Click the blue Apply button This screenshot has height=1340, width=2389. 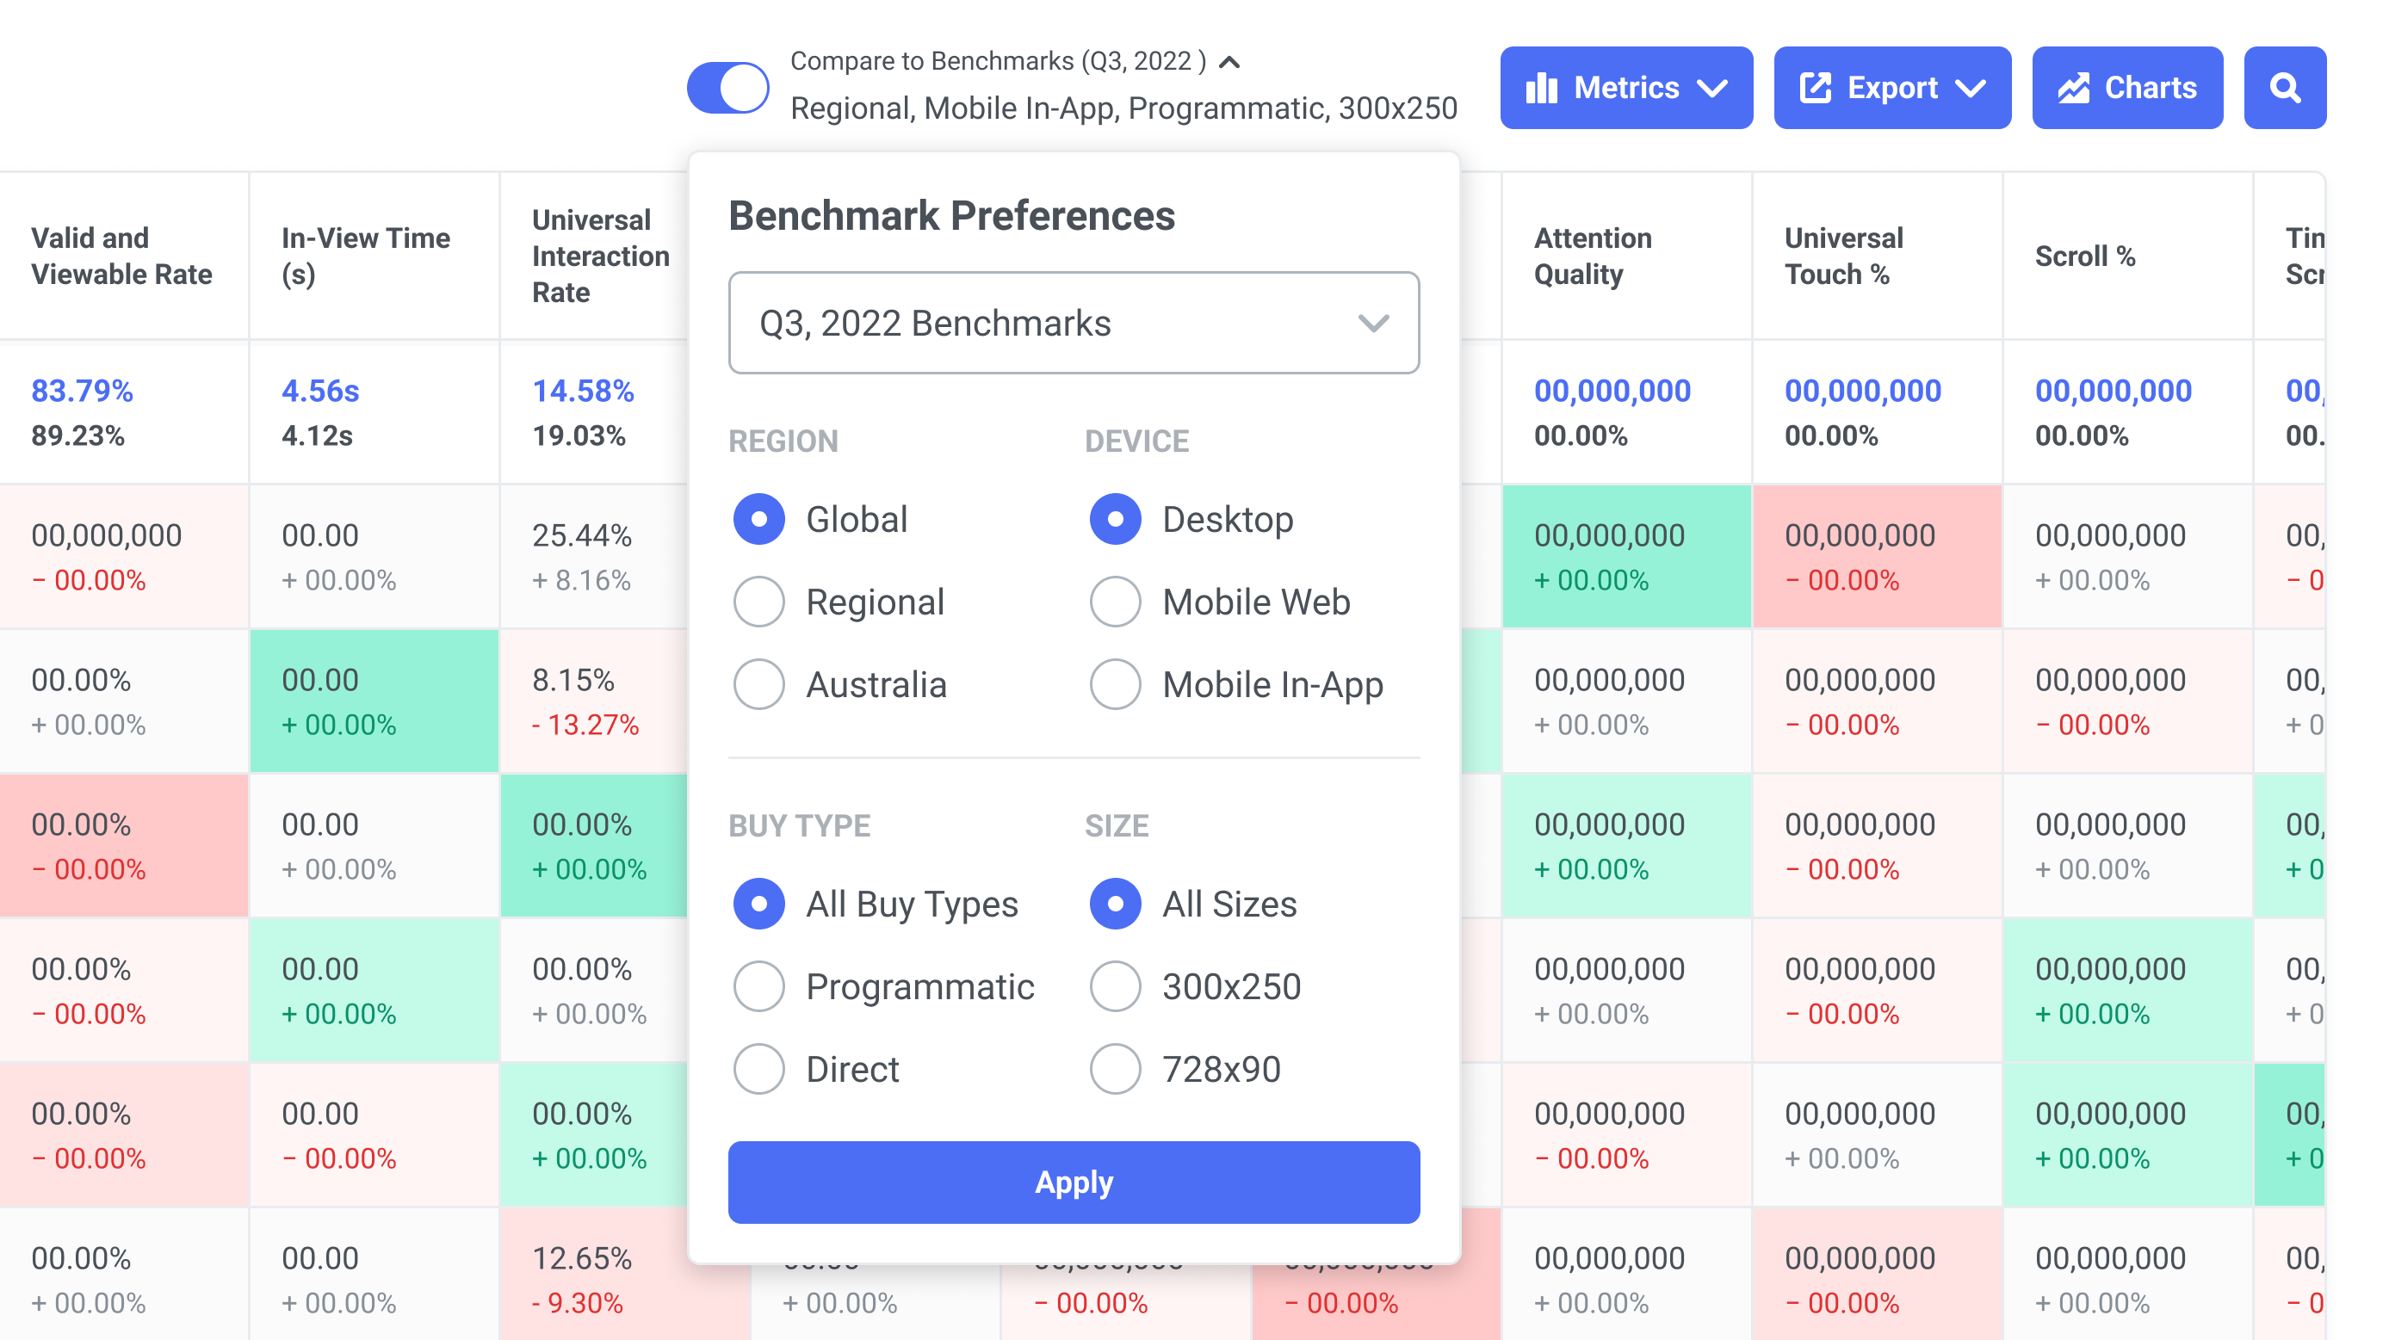coord(1073,1183)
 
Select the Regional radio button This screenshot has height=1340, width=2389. coord(758,602)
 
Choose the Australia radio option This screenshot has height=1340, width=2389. coord(758,684)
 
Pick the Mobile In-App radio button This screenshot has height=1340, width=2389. coord(1115,684)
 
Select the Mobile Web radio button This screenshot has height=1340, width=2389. coord(1115,602)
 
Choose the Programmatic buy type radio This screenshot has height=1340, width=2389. coord(758,985)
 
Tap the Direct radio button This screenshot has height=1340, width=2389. coord(758,1068)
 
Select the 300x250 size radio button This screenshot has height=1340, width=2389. coord(1115,985)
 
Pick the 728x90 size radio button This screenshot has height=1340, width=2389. coord(1115,1068)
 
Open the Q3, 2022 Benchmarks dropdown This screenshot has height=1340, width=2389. coord(1073,323)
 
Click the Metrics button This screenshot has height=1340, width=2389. coord(1625,88)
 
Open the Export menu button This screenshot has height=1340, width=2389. coord(1892,88)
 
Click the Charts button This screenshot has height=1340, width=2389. coord(2126,88)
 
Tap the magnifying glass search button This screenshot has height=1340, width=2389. coord(2284,88)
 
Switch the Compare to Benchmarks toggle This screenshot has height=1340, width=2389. coord(728,88)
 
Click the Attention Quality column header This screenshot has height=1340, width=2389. coord(1593,256)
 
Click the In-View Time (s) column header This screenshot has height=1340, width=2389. coord(365,256)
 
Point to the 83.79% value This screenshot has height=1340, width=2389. coord(83,391)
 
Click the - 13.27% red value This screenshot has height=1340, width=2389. coord(585,725)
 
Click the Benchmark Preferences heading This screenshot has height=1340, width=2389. coord(951,216)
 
